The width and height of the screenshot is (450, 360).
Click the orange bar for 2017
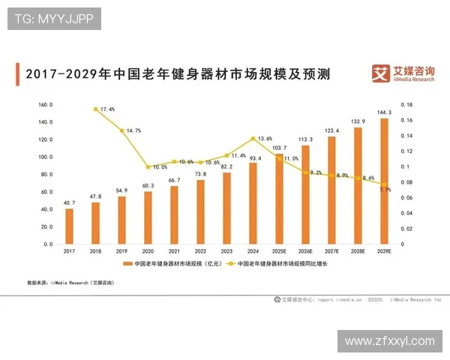click(x=69, y=226)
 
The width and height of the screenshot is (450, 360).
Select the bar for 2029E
click(x=385, y=181)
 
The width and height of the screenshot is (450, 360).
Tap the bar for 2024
click(x=253, y=203)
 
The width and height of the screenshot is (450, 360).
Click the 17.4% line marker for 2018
click(x=95, y=109)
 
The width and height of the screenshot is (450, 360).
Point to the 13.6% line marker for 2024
click(x=253, y=139)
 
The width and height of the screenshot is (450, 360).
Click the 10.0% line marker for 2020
click(x=148, y=166)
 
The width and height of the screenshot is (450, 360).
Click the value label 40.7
click(x=69, y=202)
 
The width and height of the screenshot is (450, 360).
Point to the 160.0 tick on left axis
click(x=45, y=104)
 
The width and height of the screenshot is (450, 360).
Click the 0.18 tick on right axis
click(x=408, y=104)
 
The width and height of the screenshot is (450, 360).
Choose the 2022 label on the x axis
click(x=200, y=252)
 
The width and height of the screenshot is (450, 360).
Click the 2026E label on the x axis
click(x=306, y=252)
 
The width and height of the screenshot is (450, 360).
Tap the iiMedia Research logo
click(x=402, y=73)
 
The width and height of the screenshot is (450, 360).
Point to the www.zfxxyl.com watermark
click(x=388, y=340)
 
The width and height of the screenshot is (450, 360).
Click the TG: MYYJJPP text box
click(x=53, y=19)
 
